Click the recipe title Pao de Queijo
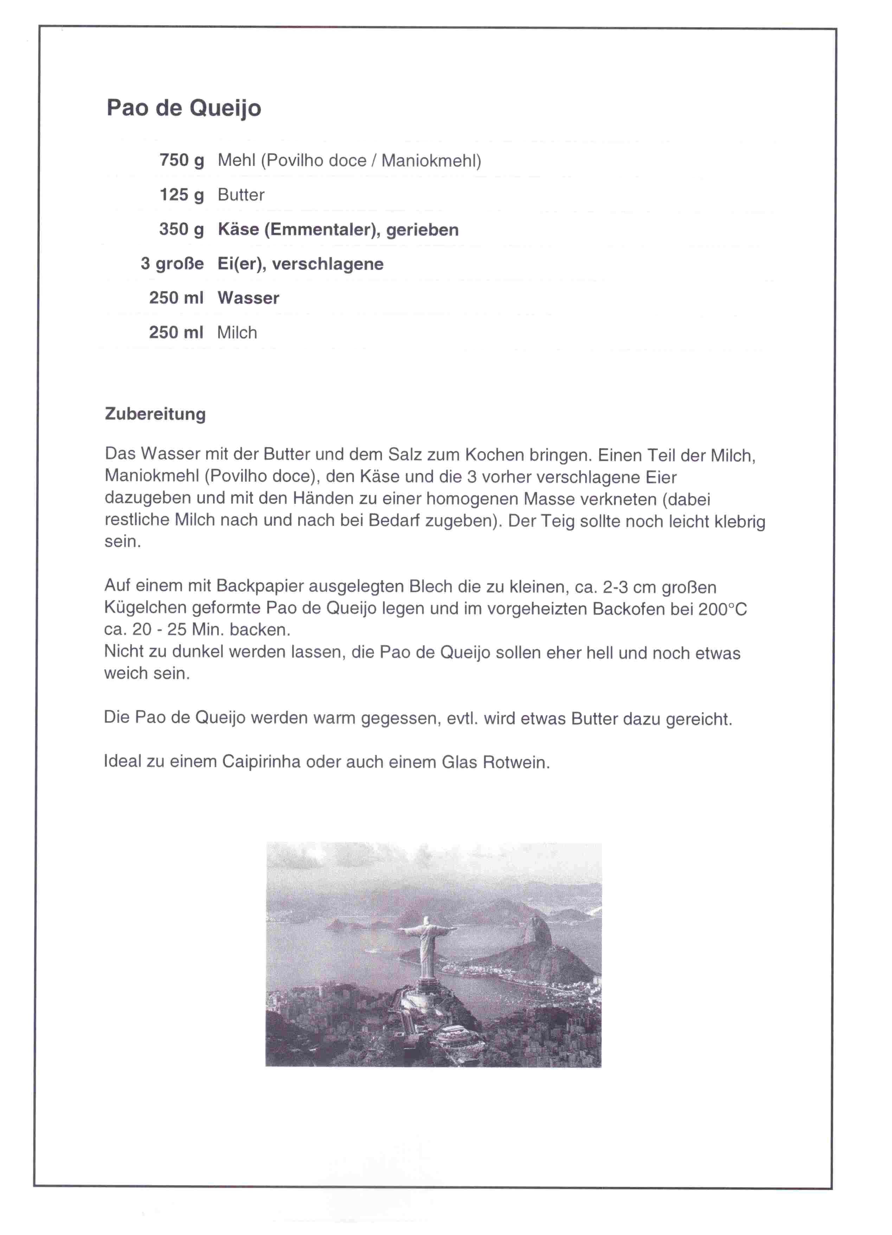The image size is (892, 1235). (x=184, y=108)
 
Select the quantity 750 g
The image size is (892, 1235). (x=181, y=160)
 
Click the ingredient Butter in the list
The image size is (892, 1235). (x=240, y=195)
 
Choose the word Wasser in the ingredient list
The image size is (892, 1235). (x=248, y=298)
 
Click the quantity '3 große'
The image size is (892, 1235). (x=172, y=264)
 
